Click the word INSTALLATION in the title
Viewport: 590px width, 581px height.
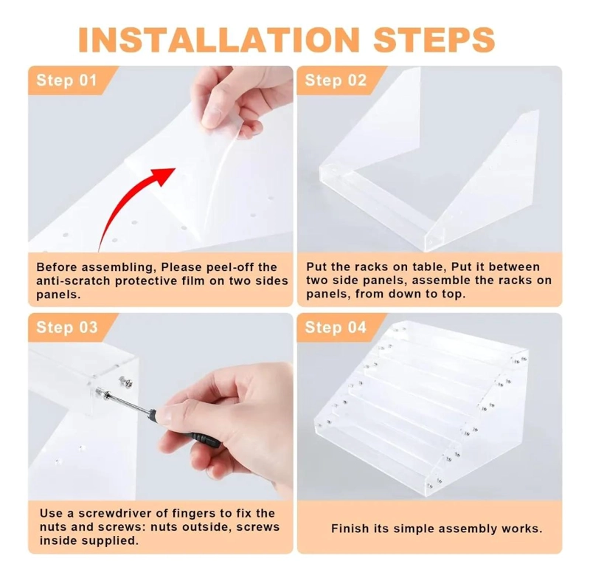click(219, 40)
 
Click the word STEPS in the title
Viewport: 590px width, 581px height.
click(434, 40)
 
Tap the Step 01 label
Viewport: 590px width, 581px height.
click(66, 80)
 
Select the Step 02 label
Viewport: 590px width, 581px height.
click(336, 80)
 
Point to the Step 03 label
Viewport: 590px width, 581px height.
click(67, 327)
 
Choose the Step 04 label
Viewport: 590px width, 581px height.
click(336, 327)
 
